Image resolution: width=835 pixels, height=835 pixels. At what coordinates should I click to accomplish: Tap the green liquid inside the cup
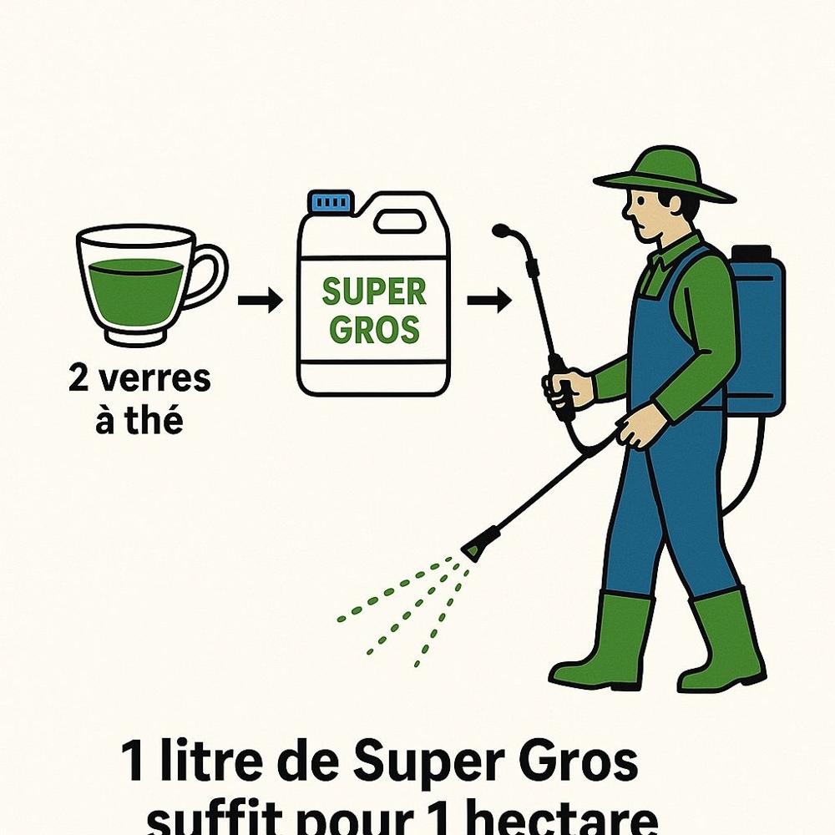[x=137, y=291]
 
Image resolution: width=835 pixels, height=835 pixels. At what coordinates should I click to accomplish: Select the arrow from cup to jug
[x=260, y=301]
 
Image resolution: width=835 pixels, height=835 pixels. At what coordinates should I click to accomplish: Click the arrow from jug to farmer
[x=489, y=301]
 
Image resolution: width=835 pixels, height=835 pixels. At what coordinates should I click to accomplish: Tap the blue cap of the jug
[x=331, y=201]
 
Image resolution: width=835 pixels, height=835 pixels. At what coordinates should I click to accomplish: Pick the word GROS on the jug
[x=374, y=330]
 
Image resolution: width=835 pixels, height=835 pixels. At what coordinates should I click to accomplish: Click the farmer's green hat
[x=665, y=175]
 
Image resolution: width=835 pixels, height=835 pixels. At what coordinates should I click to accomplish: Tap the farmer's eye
[x=641, y=202]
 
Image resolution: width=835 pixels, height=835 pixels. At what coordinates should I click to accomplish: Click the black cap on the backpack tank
[x=751, y=252]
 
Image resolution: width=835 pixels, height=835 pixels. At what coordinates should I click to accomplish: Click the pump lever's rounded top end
[x=499, y=230]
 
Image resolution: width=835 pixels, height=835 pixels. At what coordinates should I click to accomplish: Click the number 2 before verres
[x=78, y=378]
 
